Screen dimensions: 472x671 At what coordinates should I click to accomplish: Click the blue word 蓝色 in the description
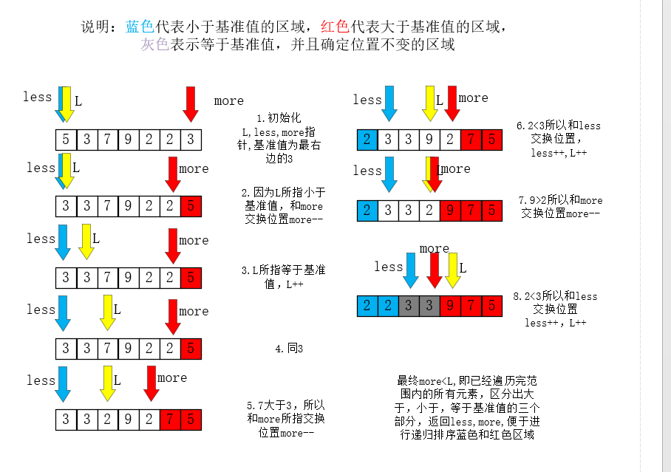click(139, 27)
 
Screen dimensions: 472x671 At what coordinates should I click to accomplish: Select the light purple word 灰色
click(155, 44)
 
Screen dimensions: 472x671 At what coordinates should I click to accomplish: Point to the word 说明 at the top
click(97, 27)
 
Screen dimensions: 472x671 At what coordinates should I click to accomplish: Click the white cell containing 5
click(66, 138)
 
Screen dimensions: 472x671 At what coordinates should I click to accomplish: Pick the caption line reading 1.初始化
click(279, 118)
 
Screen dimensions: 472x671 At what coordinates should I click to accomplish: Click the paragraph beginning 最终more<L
click(469, 407)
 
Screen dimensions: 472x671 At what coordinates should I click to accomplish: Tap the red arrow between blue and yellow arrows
click(435, 270)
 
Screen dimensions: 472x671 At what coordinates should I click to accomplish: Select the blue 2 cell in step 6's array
click(367, 138)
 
